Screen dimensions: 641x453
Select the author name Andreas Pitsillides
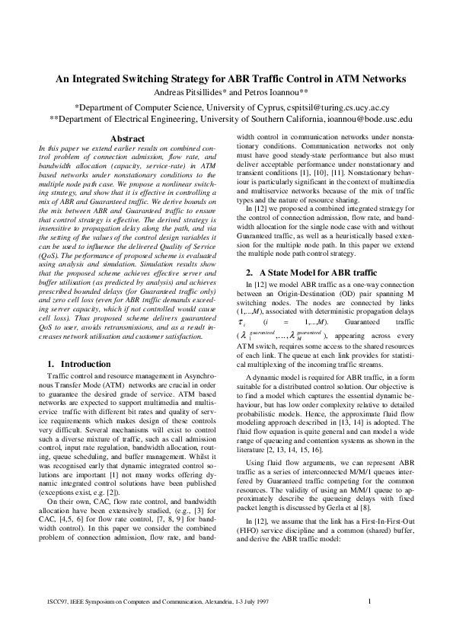pyautogui.click(x=190, y=92)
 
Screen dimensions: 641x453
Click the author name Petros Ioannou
pyautogui.click(x=263, y=92)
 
